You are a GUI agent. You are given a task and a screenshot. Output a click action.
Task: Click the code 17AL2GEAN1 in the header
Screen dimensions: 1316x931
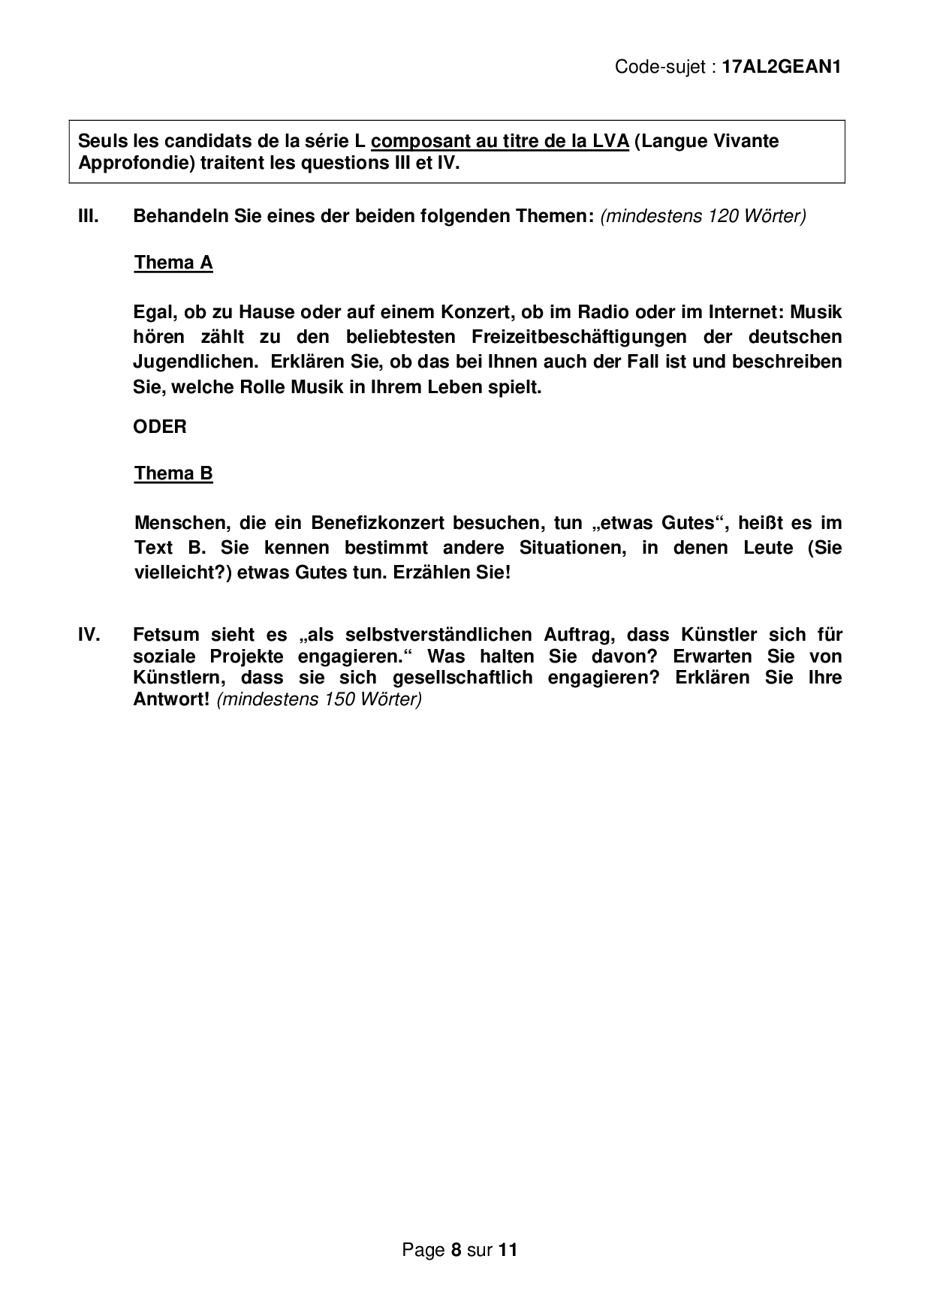click(x=781, y=67)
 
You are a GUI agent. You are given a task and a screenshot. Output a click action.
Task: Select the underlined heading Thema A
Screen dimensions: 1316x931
click(x=173, y=263)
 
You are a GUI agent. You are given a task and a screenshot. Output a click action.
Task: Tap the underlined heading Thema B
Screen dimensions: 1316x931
click(x=173, y=473)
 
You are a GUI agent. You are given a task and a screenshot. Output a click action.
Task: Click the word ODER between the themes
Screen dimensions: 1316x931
click(x=160, y=427)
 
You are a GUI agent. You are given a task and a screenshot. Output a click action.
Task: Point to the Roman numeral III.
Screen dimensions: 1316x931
click(x=89, y=216)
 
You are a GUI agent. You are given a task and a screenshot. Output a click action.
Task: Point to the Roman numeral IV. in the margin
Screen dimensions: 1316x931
click(x=89, y=635)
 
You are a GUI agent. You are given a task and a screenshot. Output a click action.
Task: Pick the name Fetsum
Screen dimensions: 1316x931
click(x=164, y=635)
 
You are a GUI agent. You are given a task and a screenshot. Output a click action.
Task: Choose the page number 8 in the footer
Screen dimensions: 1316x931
click(x=456, y=1250)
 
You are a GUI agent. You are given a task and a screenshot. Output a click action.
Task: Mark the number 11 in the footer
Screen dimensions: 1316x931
click(x=508, y=1250)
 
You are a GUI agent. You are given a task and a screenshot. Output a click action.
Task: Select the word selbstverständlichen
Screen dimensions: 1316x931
click(x=431, y=635)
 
